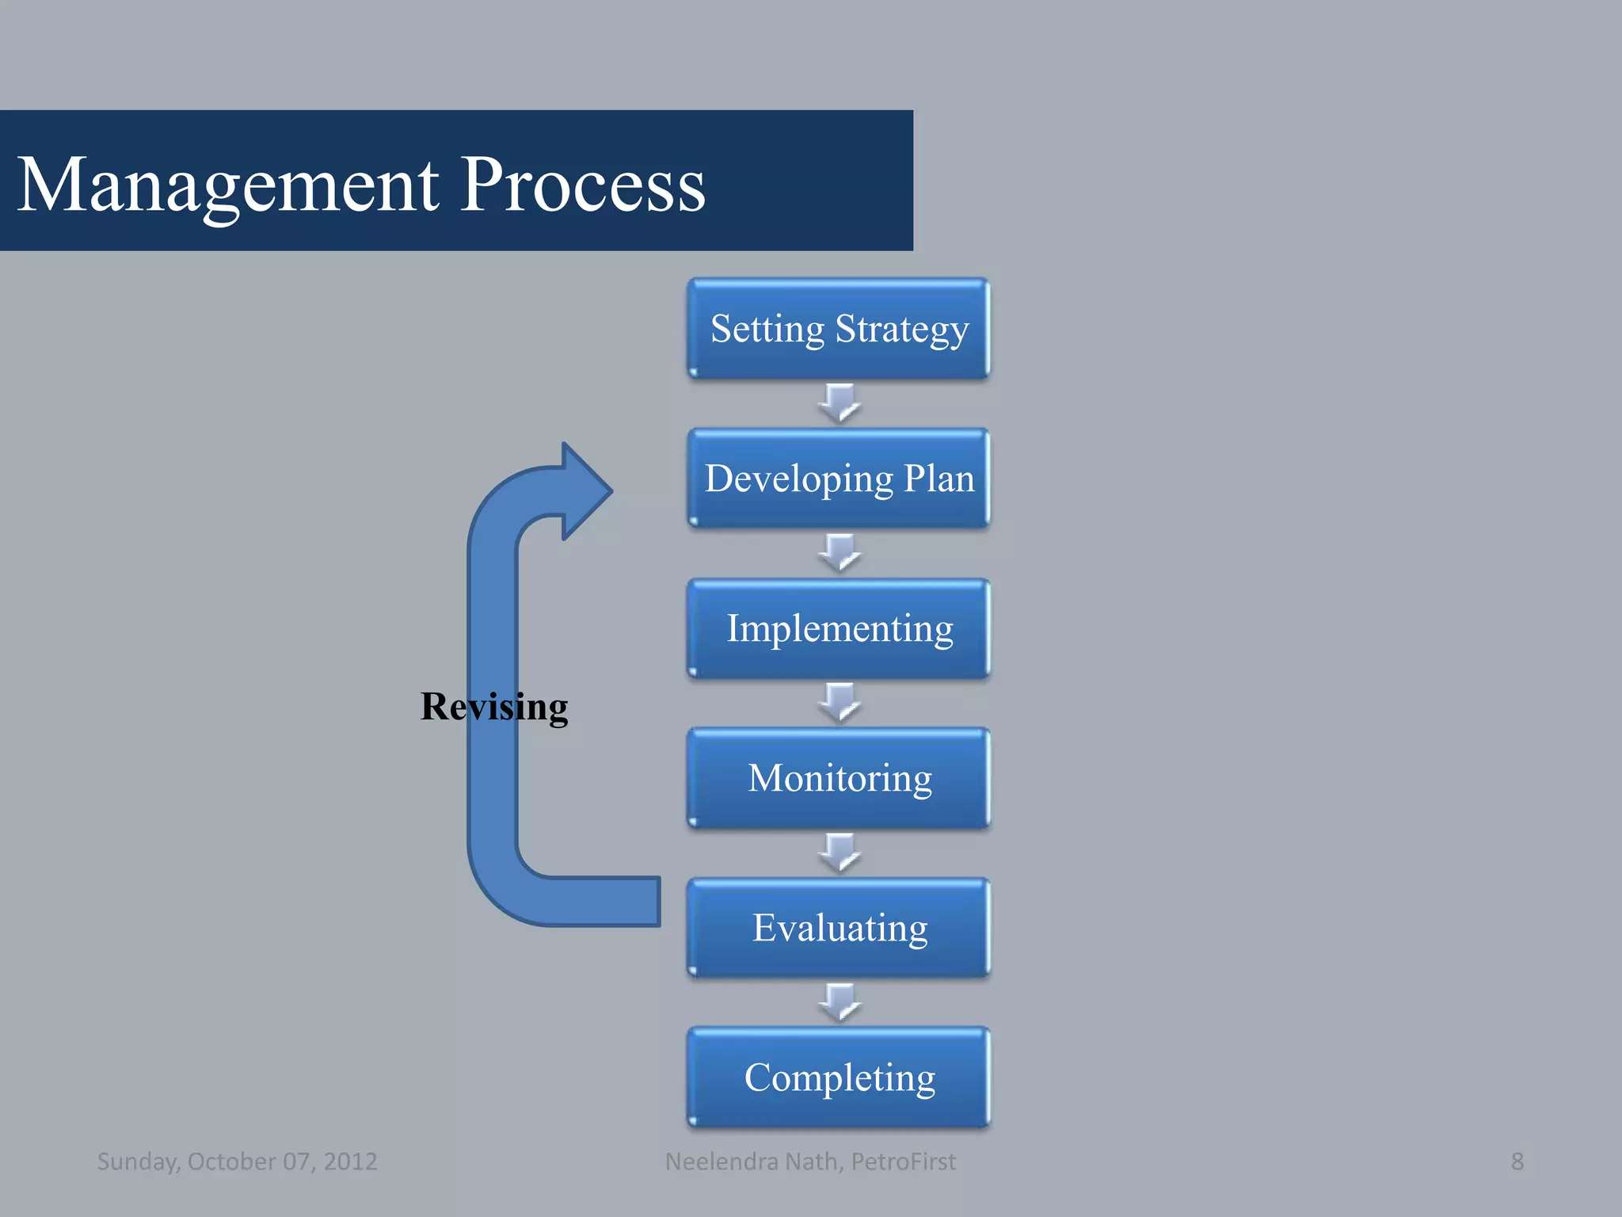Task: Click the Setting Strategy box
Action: tap(839, 328)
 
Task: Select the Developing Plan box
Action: tap(839, 479)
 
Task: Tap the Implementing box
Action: tap(839, 628)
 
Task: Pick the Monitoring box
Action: tap(839, 778)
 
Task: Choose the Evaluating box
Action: tap(839, 928)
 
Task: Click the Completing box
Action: tap(839, 1078)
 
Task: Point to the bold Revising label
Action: tap(493, 706)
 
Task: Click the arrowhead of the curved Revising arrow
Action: tap(584, 491)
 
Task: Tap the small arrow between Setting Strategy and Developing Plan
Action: tap(840, 402)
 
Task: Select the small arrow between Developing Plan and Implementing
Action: tap(840, 552)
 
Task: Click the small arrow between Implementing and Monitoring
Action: tap(840, 702)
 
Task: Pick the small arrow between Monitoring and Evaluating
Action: tap(840, 852)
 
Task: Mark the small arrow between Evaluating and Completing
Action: tap(840, 1002)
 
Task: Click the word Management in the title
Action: tap(228, 185)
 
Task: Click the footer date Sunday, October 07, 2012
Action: tap(237, 1162)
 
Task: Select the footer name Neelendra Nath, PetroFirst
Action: tap(810, 1162)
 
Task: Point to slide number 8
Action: tap(1517, 1162)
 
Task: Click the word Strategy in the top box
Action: tap(902, 330)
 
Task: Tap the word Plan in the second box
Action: tap(939, 479)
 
